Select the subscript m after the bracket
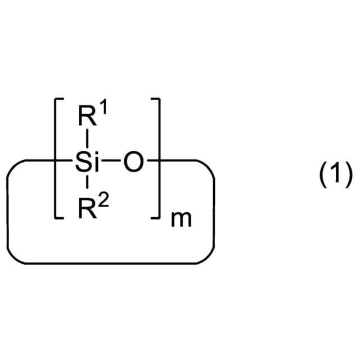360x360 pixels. (181, 219)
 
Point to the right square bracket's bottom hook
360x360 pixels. (157, 217)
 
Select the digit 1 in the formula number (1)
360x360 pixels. (336, 176)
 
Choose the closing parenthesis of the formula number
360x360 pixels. (348, 176)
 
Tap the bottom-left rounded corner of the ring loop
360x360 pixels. (13, 256)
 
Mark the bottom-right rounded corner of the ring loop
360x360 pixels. (207, 256)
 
